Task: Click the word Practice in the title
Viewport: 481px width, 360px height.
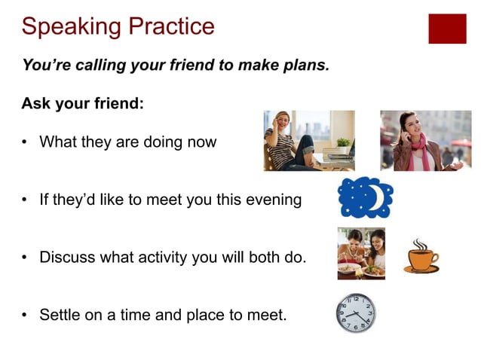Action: coord(168,27)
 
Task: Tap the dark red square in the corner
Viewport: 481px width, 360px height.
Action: coord(447,29)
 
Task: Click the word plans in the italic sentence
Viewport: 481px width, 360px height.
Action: coord(307,66)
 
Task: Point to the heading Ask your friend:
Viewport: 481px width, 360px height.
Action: coord(82,104)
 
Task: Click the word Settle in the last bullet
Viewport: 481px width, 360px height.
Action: coord(60,315)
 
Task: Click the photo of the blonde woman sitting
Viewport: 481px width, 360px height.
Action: coord(308,141)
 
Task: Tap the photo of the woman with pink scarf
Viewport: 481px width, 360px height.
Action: coord(425,141)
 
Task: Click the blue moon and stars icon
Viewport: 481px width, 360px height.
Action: coord(365,199)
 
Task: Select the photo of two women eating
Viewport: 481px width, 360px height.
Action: coord(360,253)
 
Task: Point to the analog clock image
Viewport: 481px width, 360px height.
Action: coord(355,313)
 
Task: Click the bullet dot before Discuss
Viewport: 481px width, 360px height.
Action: coord(26,258)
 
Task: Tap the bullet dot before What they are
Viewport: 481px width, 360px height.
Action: coord(26,142)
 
